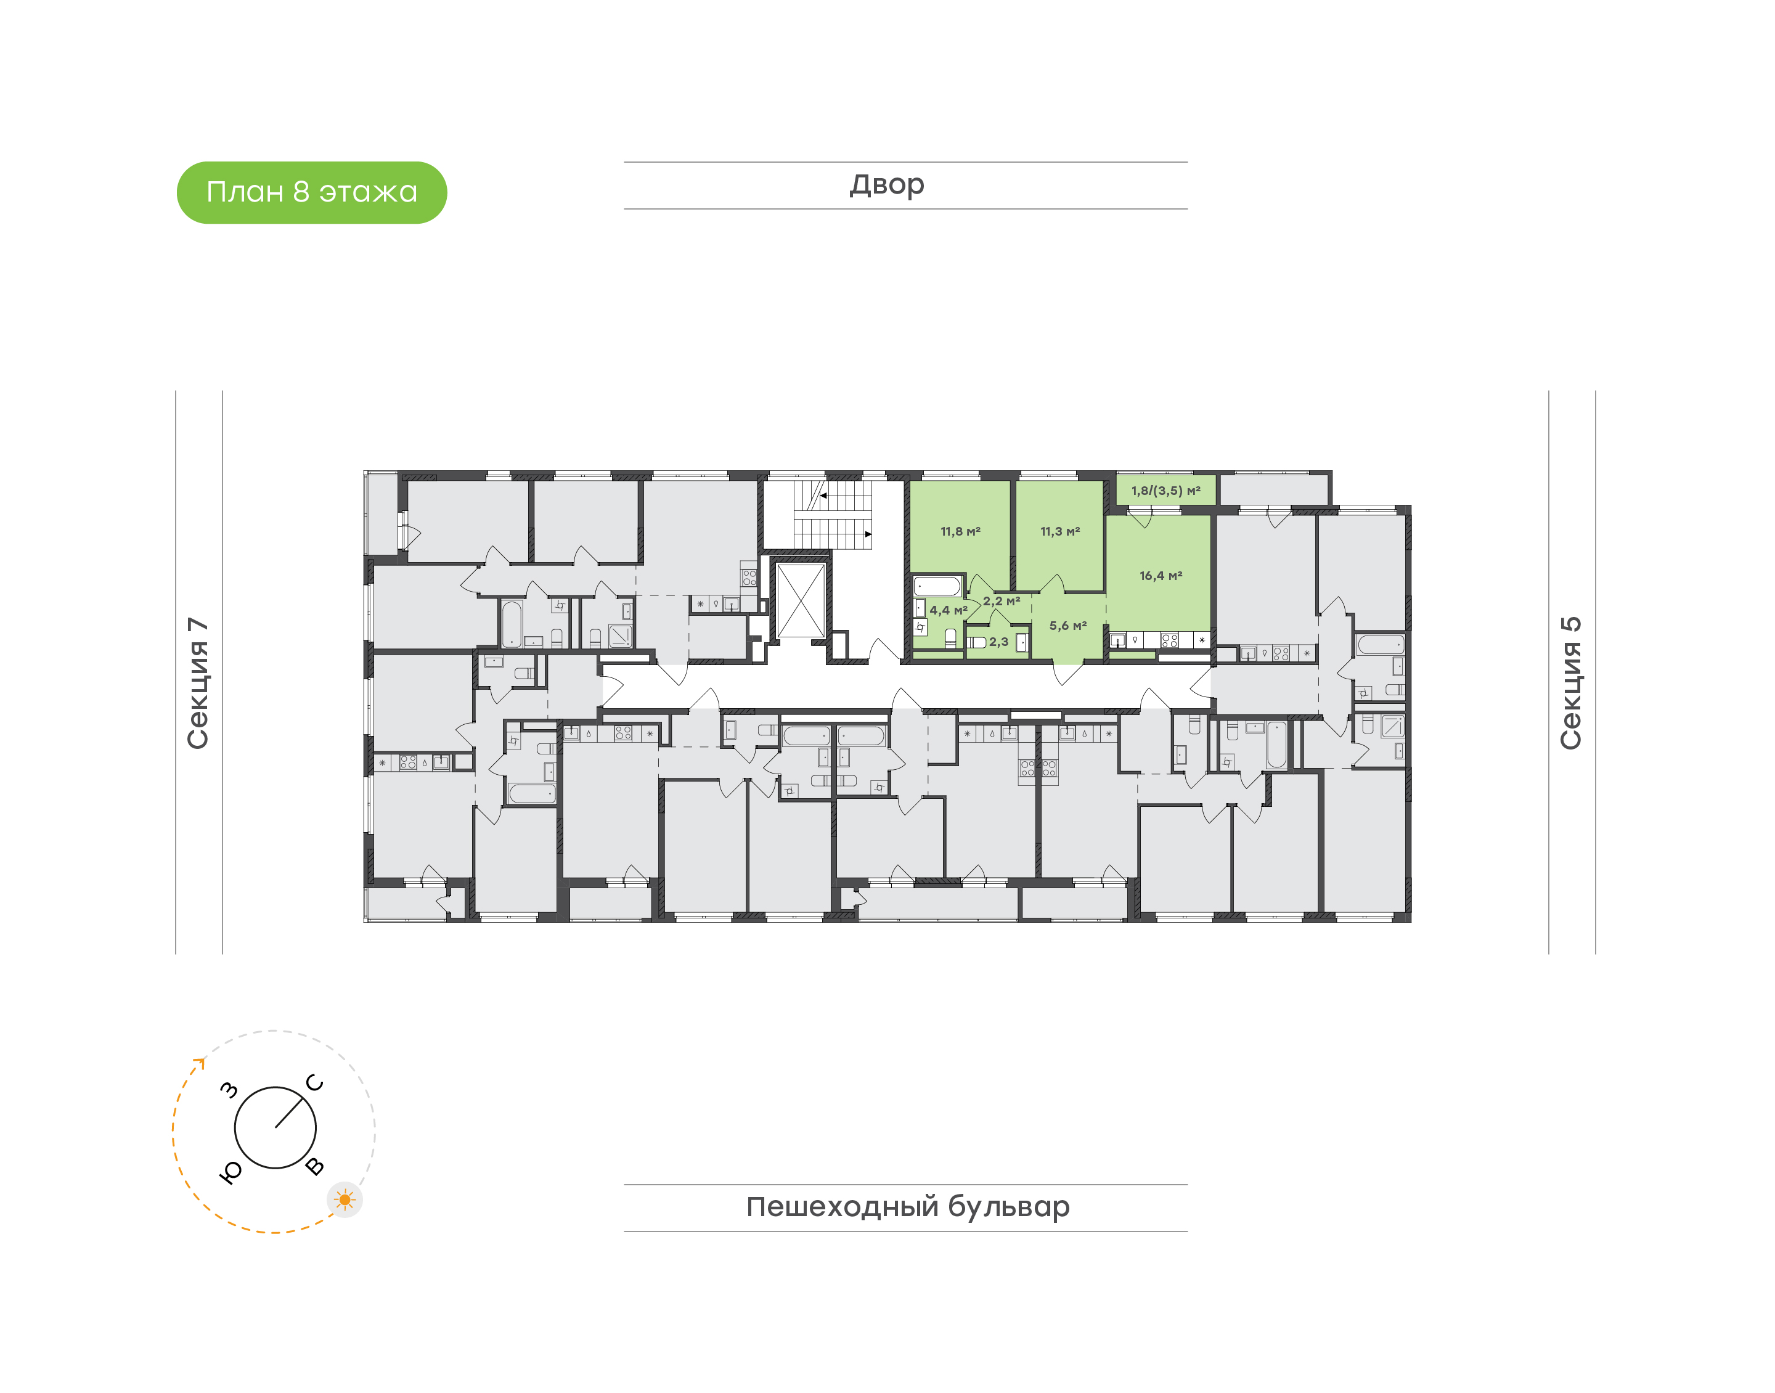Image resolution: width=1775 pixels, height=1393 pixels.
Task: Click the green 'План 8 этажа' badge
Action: point(311,192)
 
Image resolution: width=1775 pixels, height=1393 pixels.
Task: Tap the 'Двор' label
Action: point(887,185)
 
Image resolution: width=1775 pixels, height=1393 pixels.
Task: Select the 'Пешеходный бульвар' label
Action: point(907,1207)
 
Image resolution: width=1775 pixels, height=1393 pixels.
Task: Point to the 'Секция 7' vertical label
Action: point(198,684)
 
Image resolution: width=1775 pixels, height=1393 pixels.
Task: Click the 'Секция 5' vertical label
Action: point(1570,683)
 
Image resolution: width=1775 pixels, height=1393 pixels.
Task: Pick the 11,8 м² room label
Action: point(960,532)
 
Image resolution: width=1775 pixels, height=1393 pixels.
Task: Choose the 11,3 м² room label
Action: point(1060,532)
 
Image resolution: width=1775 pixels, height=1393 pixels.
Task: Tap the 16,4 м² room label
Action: point(1161,576)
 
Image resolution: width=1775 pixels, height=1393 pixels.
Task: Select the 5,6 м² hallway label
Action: point(1067,626)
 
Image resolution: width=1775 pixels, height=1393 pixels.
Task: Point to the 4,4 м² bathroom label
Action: point(949,610)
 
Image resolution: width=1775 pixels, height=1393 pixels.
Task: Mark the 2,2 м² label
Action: point(1002,601)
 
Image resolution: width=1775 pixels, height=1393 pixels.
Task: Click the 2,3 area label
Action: point(999,642)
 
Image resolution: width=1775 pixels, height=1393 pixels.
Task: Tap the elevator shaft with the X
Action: point(801,600)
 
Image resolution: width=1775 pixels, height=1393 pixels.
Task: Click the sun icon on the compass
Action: point(345,1199)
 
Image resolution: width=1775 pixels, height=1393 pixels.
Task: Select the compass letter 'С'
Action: point(315,1083)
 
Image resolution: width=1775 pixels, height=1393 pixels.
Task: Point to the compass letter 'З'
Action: point(230,1090)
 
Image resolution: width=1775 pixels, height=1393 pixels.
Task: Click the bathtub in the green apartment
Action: point(937,586)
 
